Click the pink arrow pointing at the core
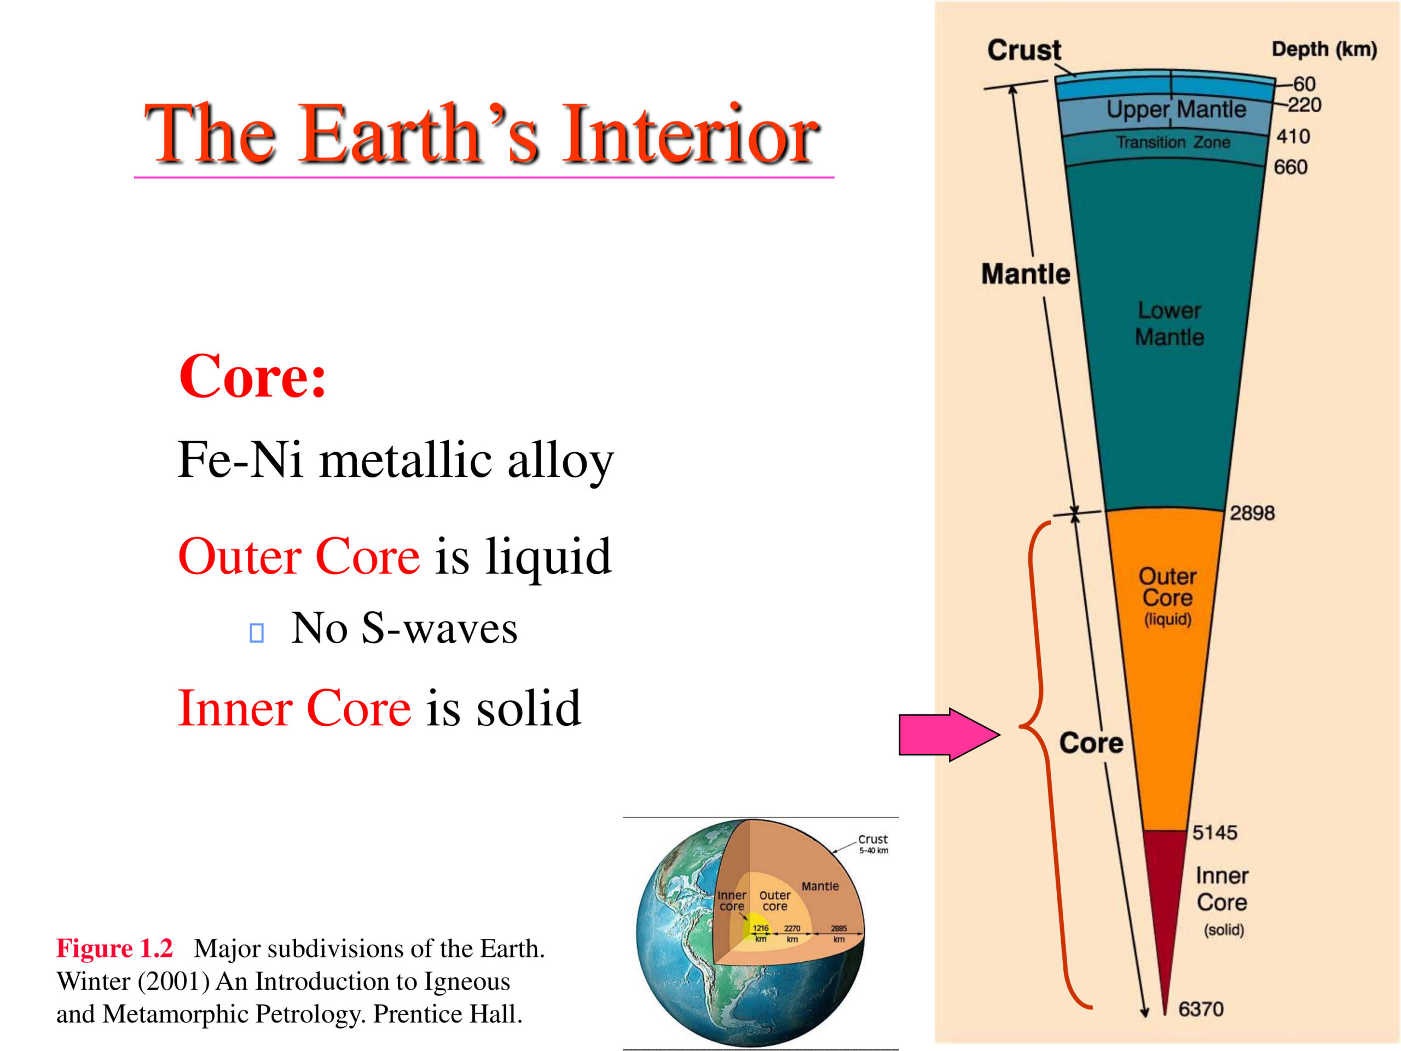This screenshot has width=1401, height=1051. click(x=950, y=735)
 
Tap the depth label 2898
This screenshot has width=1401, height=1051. click(x=1252, y=513)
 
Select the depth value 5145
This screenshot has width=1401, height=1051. click(x=1215, y=833)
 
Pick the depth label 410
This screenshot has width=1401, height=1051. click(x=1293, y=136)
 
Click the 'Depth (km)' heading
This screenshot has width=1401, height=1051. click(x=1324, y=49)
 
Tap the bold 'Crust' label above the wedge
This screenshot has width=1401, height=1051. click(x=1024, y=50)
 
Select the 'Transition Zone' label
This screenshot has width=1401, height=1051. click(x=1173, y=142)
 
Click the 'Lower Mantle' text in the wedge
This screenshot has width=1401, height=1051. click(x=1169, y=324)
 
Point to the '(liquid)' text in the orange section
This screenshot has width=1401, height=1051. click(x=1167, y=619)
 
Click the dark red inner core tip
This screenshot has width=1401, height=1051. click(x=1165, y=919)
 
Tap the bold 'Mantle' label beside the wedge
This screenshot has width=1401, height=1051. click(x=1026, y=274)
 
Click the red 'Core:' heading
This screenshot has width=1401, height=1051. click(x=253, y=376)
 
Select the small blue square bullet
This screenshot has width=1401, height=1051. click(x=257, y=633)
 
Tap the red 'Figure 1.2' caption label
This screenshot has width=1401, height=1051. click(x=114, y=949)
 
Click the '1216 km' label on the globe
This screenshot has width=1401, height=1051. click(x=761, y=933)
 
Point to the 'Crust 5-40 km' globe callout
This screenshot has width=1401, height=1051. click(x=873, y=844)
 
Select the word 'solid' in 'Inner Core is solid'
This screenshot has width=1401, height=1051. click(x=528, y=708)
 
